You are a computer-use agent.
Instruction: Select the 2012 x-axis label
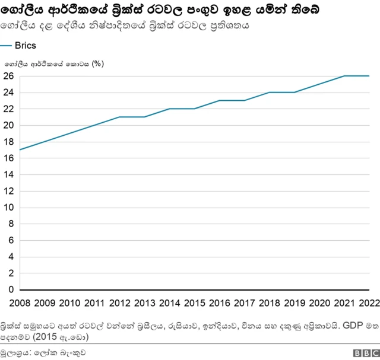coord(119,304)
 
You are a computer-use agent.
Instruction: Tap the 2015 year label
coord(194,304)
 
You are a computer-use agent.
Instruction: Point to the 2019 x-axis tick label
coord(294,304)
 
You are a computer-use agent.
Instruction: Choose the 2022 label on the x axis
coord(369,304)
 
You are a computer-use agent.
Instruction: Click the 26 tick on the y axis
coord(8,76)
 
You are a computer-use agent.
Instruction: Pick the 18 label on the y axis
coord(8,142)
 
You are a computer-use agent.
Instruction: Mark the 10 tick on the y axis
coord(8,208)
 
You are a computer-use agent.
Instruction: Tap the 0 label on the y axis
coord(10,289)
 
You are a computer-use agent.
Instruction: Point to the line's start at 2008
coord(20,149)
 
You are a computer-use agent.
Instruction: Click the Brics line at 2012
coord(120,117)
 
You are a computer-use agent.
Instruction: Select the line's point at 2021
coord(344,76)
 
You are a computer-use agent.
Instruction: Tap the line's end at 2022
coord(369,76)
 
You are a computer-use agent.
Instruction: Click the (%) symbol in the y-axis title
coord(98,63)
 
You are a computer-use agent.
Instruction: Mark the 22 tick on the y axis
coord(8,109)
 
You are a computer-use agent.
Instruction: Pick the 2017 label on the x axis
coord(244,304)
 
